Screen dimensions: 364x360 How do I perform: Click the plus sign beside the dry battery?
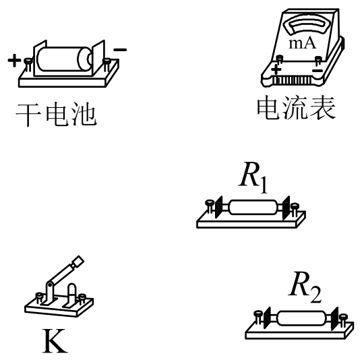coord(14,61)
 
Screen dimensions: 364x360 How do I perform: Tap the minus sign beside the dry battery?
coord(120,49)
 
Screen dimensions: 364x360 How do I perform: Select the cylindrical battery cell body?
coord(64,59)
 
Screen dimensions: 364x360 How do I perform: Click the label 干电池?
coord(56,114)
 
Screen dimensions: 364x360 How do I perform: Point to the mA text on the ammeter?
coord(303,43)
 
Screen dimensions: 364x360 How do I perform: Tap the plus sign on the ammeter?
coord(276,69)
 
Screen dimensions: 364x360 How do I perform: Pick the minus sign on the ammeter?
coord(317,70)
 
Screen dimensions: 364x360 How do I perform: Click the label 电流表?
coord(297,108)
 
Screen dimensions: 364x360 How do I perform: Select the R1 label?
coord(253,177)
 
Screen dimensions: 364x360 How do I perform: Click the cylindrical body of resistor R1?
coord(253,207)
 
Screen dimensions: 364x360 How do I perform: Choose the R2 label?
coord(305,287)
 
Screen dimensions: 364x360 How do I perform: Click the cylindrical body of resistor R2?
coord(301,318)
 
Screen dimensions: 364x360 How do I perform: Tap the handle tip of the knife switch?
coord(78,262)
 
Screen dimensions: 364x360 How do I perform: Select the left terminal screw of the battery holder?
coord(28,64)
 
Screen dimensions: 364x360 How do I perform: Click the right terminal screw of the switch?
coord(82,299)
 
